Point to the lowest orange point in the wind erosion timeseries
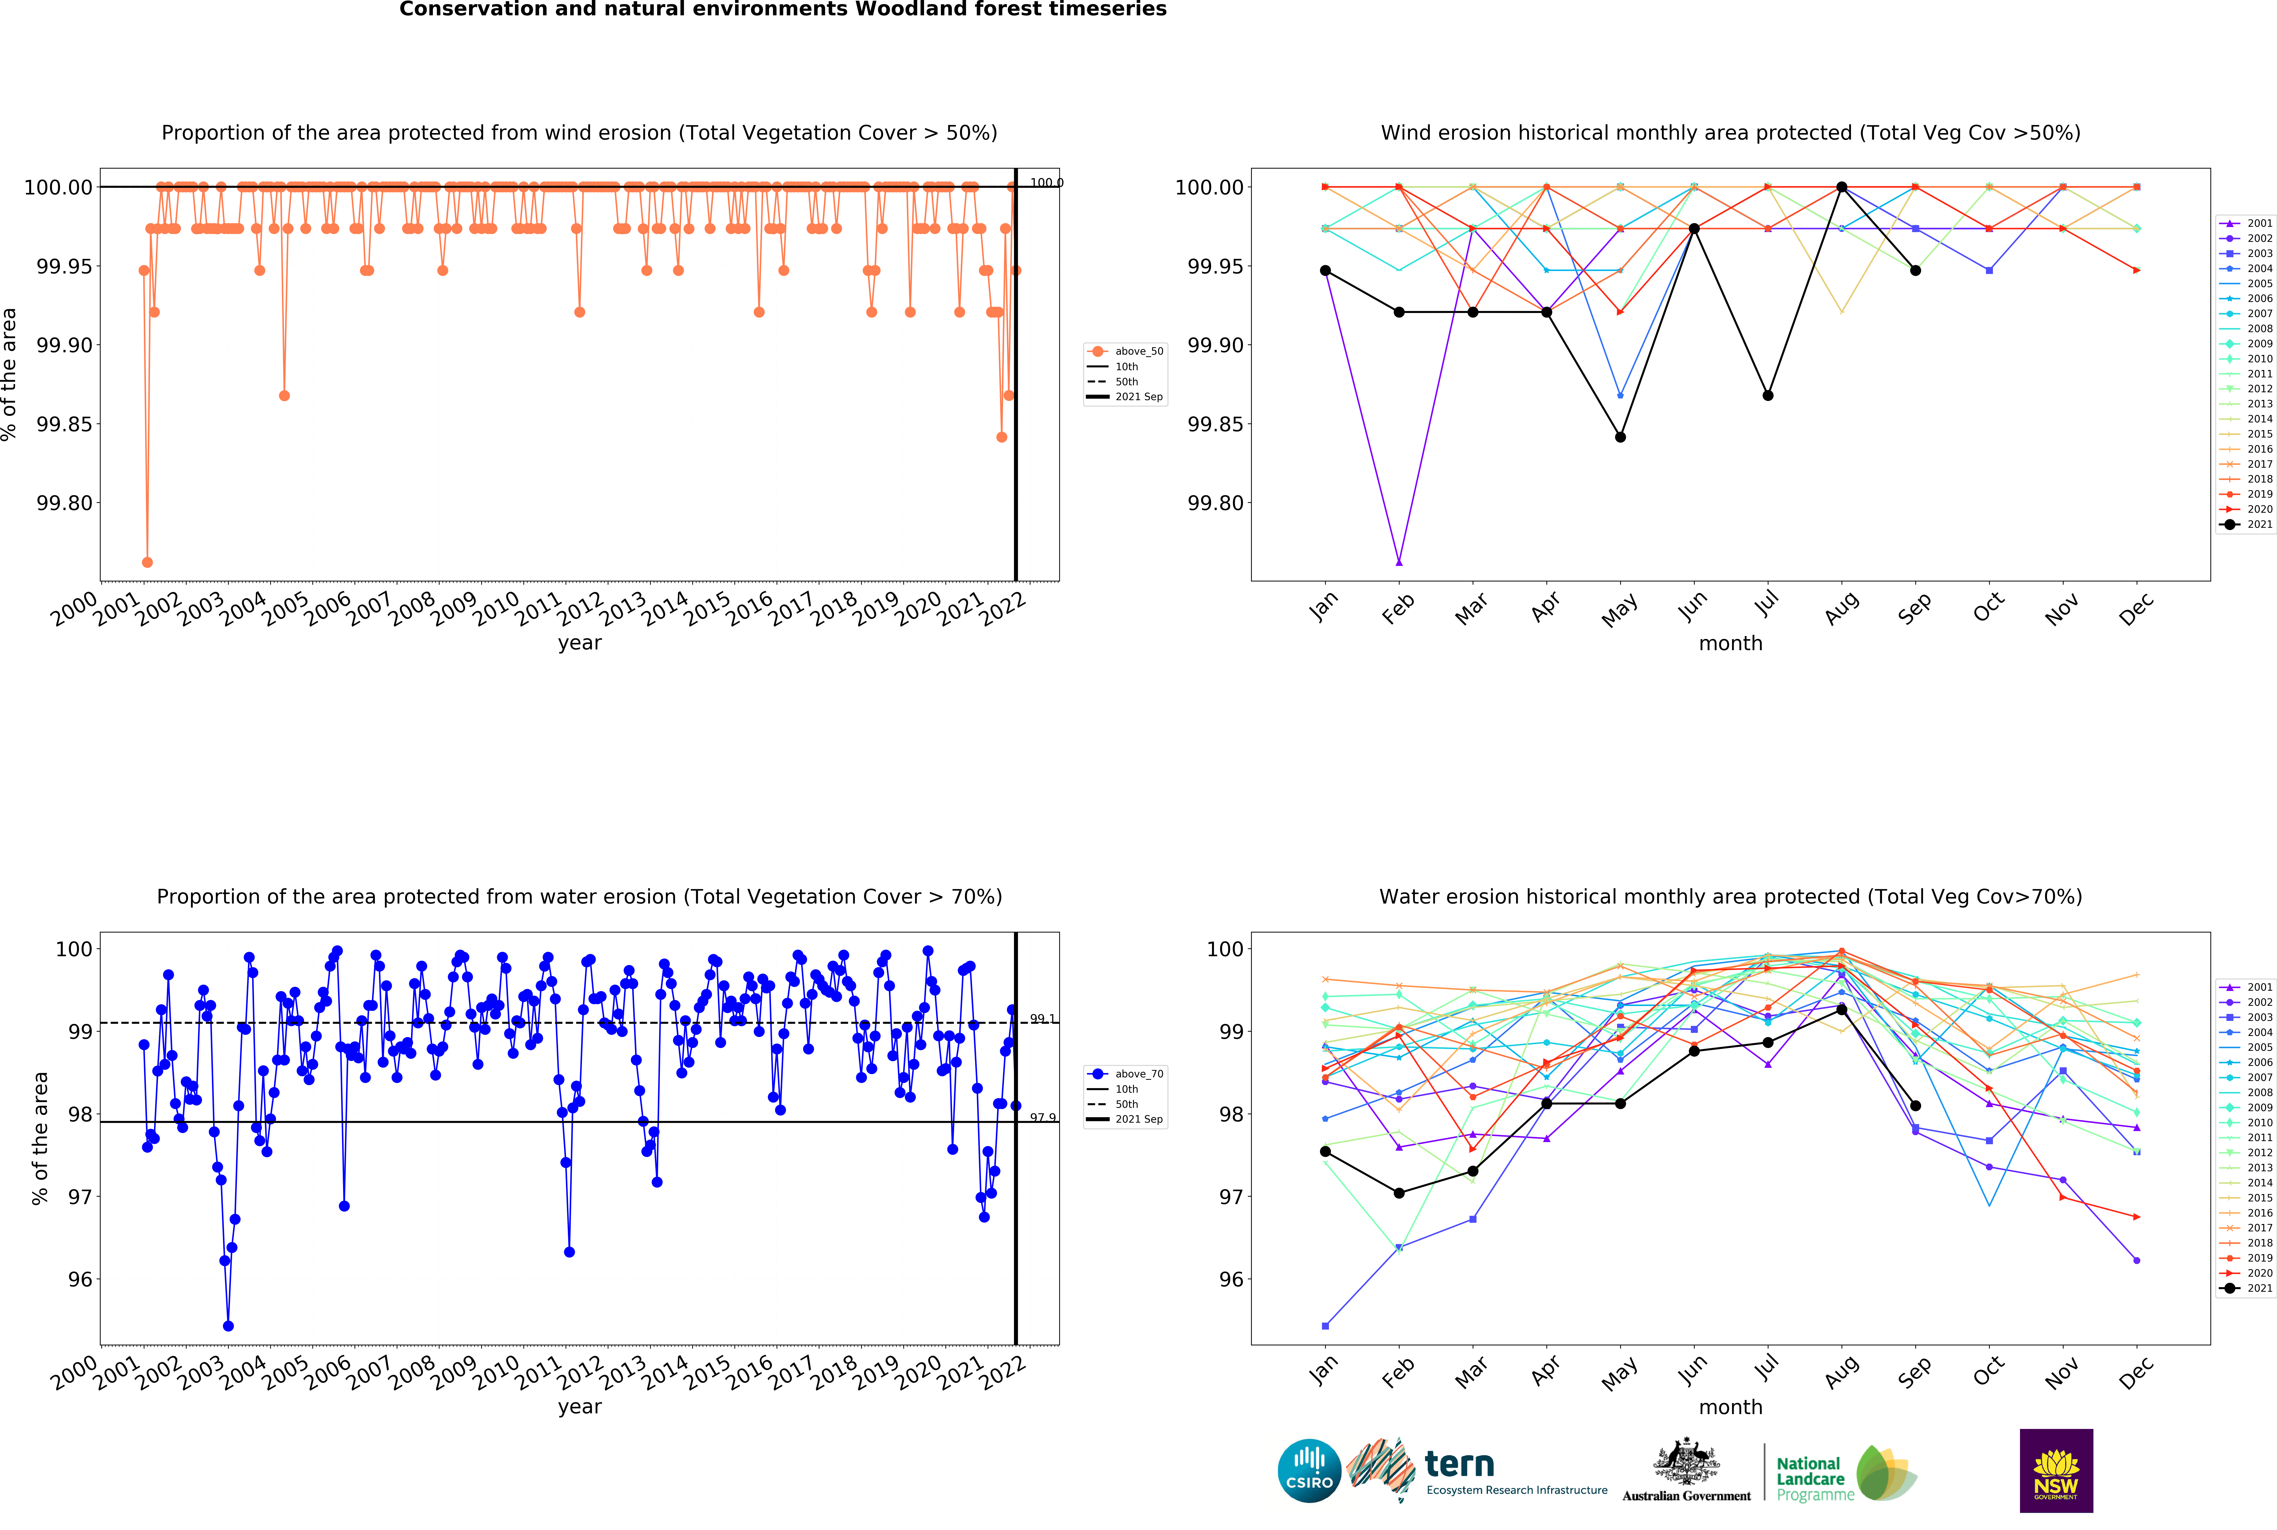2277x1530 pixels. tap(147, 562)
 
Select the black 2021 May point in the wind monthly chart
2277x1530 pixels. tap(1620, 437)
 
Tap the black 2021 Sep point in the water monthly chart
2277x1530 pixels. tap(1915, 1106)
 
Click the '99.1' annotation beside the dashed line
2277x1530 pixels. tap(1042, 1019)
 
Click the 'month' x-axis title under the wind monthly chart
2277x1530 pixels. tap(1730, 643)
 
